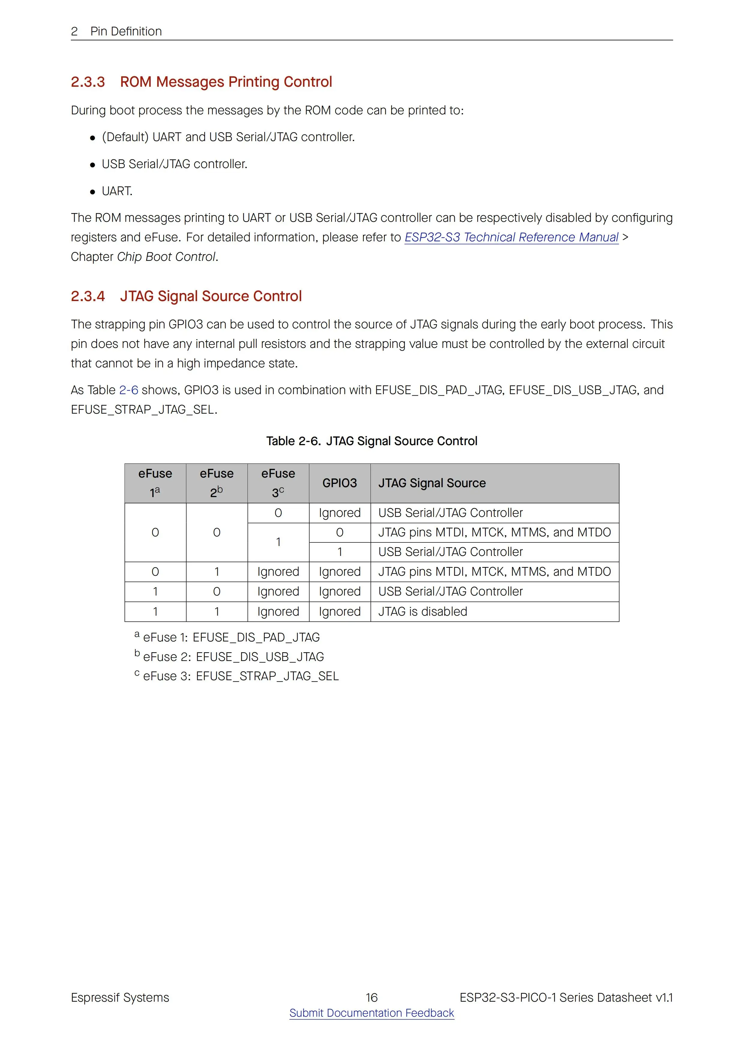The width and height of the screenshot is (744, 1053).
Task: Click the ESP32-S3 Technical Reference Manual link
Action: [x=511, y=237]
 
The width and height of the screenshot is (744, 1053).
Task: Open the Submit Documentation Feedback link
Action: [x=371, y=1013]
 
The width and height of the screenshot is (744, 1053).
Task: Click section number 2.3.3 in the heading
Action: [x=88, y=82]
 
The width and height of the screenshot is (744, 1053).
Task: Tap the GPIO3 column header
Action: [x=339, y=483]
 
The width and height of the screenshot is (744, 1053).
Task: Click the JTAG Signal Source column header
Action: [x=432, y=483]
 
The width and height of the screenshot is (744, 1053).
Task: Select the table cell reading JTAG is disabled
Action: [x=423, y=611]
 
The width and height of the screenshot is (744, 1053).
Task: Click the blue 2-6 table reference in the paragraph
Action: [x=128, y=390]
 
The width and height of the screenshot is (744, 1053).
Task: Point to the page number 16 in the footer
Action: [x=371, y=997]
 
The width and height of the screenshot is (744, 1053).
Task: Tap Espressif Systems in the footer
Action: [x=120, y=997]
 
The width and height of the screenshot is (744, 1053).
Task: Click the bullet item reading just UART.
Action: [x=117, y=191]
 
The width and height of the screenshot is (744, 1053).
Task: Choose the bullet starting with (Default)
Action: [x=228, y=137]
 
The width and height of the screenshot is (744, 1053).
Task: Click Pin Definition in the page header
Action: [x=126, y=31]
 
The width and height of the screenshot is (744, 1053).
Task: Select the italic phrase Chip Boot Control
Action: [x=166, y=257]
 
